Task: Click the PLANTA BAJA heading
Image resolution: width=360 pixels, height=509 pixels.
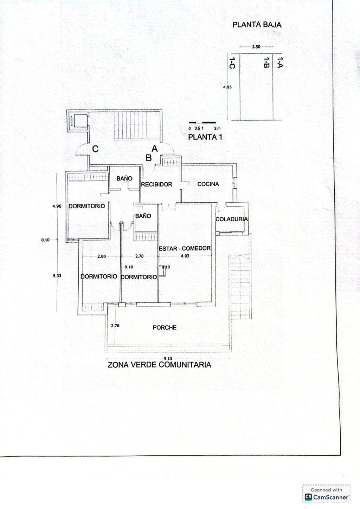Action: (x=257, y=25)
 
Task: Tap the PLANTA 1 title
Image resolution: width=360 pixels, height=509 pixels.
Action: (x=205, y=137)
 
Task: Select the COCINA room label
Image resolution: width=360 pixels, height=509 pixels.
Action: (x=208, y=184)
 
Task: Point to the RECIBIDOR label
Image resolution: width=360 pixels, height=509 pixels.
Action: (x=157, y=184)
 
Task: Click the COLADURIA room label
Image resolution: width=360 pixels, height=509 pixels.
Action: (x=232, y=219)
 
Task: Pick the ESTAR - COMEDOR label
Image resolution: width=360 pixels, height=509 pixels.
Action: (x=185, y=248)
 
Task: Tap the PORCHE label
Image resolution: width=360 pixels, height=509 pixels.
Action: (x=165, y=327)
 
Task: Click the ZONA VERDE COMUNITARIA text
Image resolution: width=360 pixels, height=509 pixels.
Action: (x=159, y=365)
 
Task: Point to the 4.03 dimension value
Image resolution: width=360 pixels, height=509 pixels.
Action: (x=185, y=256)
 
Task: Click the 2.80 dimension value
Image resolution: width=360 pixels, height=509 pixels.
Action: (x=102, y=256)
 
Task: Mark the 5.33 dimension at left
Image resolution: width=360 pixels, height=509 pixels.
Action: (x=57, y=276)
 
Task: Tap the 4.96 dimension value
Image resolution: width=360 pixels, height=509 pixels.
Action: (x=57, y=206)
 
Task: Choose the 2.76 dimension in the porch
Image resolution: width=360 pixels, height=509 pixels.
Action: (x=115, y=326)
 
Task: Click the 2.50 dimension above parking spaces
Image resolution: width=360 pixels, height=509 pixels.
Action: (x=256, y=47)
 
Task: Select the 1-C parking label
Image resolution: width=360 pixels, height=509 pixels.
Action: (x=232, y=63)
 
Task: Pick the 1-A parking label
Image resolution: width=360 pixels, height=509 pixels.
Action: (x=280, y=62)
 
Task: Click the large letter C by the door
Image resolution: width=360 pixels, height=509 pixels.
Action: (x=95, y=149)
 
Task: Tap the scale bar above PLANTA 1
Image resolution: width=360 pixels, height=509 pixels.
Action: (x=202, y=123)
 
